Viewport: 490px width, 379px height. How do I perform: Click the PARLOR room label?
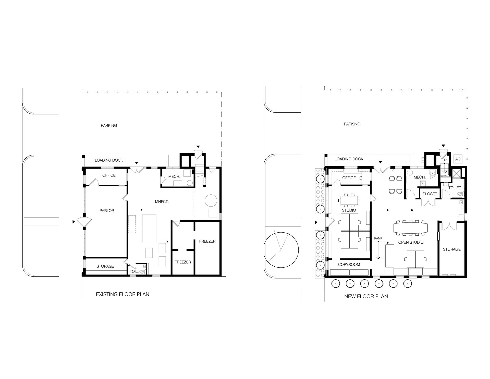107,211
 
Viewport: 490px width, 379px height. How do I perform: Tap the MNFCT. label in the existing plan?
162,202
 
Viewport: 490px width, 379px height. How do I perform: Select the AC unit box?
458,159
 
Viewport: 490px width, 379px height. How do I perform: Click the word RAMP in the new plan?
378,238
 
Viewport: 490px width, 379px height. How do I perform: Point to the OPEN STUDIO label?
411,242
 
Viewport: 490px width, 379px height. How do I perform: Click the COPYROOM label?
349,265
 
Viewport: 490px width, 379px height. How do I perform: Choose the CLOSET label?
430,194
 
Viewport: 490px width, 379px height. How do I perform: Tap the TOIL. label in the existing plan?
134,271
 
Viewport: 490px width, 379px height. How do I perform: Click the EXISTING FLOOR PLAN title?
122,294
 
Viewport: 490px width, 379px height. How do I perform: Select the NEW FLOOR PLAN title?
366,297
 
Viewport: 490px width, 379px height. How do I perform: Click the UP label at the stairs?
445,160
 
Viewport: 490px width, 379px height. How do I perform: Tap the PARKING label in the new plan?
352,124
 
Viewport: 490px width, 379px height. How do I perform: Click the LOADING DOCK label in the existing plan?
109,160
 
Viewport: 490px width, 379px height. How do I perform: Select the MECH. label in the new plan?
420,177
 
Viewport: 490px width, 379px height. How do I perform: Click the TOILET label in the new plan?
455,188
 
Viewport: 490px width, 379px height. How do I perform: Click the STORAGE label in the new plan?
452,249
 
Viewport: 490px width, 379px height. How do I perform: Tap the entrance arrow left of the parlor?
74,222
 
